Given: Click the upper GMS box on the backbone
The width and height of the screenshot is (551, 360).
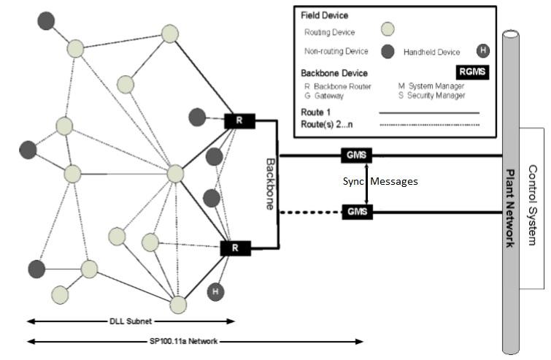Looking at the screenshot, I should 357,156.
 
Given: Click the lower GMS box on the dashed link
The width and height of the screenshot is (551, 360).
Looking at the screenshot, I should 357,212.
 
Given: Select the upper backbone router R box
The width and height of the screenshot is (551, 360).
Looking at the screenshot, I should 239,120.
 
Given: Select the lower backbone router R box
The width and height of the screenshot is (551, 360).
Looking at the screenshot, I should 235,248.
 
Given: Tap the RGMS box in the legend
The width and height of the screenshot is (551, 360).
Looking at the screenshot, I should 472,72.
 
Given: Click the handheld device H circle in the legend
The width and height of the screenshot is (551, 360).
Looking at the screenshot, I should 482,51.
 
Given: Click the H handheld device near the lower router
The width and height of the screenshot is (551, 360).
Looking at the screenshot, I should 215,291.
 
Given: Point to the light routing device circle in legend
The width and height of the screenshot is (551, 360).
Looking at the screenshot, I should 388,30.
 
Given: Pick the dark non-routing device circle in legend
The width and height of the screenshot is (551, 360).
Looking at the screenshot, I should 388,51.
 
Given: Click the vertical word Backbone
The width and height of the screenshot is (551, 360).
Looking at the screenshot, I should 269,183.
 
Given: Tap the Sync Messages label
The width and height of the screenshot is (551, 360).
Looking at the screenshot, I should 380,181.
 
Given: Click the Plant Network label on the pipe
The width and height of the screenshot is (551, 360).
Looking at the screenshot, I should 510,208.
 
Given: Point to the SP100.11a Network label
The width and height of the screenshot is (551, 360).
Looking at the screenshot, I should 184,341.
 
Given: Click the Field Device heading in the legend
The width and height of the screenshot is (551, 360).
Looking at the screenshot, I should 324,15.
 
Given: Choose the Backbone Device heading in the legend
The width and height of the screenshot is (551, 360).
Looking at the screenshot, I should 335,73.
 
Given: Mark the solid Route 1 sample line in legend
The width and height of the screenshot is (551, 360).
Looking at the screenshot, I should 429,113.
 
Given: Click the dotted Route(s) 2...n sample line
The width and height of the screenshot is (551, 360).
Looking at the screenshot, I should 429,125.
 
